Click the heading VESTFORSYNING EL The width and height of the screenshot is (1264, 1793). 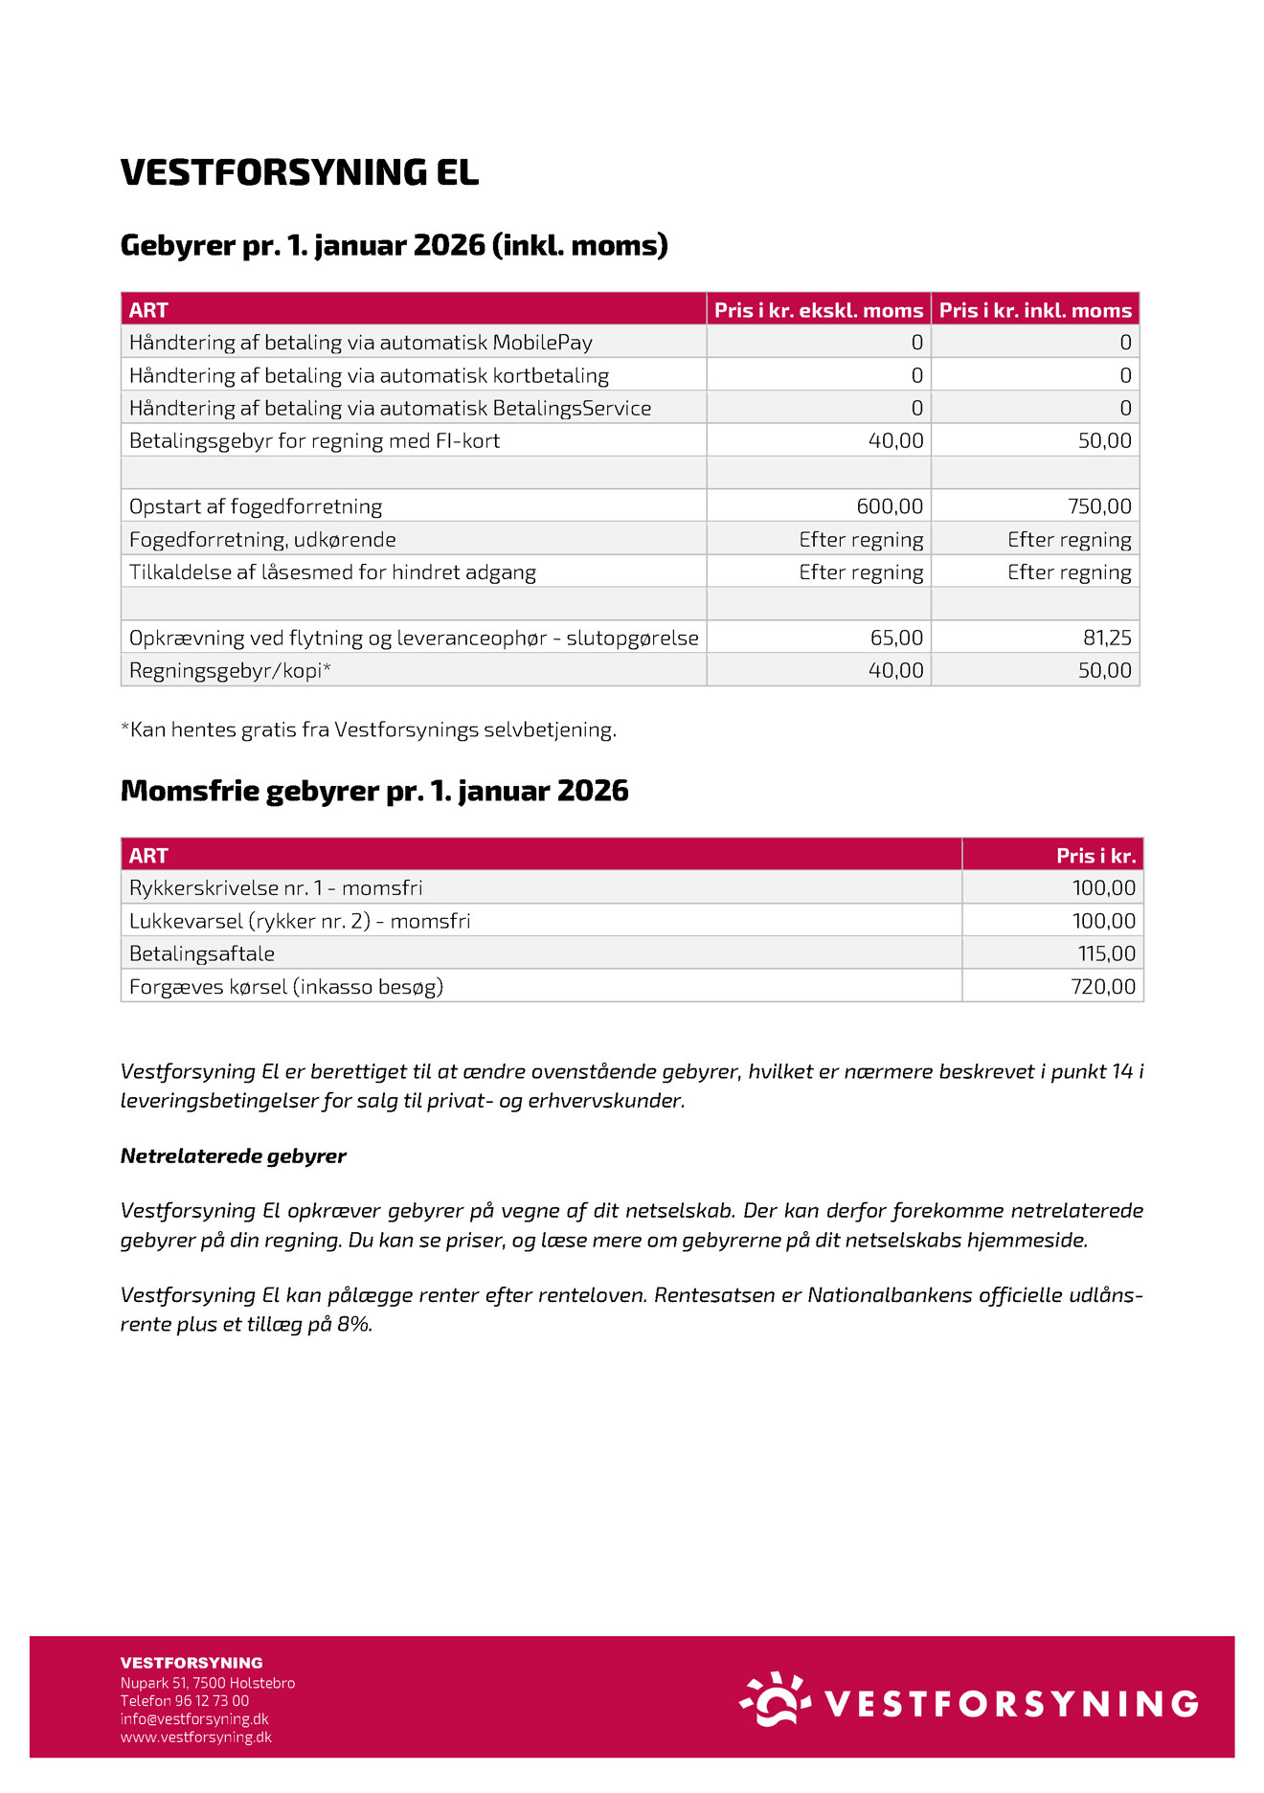299,172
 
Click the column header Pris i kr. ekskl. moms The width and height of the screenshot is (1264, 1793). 818,310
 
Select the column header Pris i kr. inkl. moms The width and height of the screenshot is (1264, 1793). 1035,310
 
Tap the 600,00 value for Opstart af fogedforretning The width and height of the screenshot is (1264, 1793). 890,506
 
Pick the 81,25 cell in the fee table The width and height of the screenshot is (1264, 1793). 1107,638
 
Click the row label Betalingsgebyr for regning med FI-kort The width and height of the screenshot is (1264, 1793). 314,441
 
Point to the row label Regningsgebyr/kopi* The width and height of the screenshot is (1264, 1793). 230,670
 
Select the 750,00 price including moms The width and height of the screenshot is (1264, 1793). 1099,506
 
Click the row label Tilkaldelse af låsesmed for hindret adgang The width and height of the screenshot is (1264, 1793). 332,572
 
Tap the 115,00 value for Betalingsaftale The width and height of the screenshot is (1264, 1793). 1106,953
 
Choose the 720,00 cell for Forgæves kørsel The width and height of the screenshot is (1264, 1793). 1103,986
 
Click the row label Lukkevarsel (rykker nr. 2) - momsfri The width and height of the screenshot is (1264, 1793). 300,921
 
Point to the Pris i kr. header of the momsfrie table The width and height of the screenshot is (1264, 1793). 1095,856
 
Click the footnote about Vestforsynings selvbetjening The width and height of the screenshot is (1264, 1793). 369,729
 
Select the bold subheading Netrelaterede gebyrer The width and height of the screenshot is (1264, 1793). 233,1155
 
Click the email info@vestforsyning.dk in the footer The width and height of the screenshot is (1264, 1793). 194,1718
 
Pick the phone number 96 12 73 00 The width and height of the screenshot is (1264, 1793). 212,1700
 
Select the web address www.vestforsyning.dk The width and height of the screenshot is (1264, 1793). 196,1737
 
